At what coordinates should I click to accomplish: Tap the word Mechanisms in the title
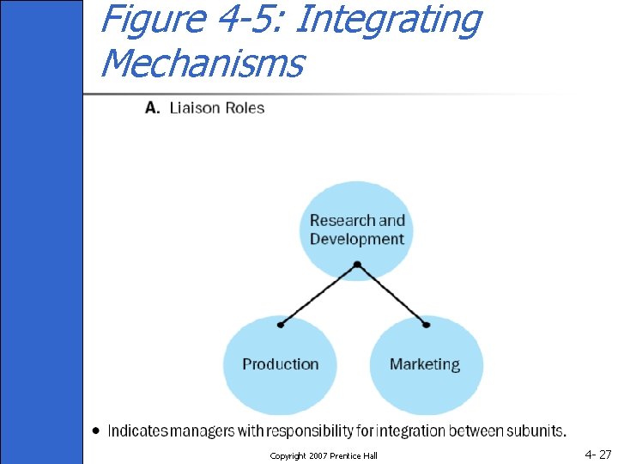(202, 62)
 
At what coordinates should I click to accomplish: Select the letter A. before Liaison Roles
(152, 108)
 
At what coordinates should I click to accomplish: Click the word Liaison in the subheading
(195, 108)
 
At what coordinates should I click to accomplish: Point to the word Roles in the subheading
(244, 108)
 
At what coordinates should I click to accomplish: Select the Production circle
(280, 378)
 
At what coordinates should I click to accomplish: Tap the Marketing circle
(425, 378)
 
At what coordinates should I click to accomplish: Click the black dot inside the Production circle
(281, 326)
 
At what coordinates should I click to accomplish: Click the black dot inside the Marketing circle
(427, 326)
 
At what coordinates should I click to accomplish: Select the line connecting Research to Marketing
(392, 295)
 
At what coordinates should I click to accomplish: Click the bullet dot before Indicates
(96, 430)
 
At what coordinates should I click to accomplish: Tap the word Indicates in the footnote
(141, 430)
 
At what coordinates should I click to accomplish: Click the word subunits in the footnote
(536, 430)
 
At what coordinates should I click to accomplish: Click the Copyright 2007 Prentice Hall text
(324, 455)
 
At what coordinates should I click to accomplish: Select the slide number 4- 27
(598, 455)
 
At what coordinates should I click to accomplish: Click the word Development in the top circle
(356, 239)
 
